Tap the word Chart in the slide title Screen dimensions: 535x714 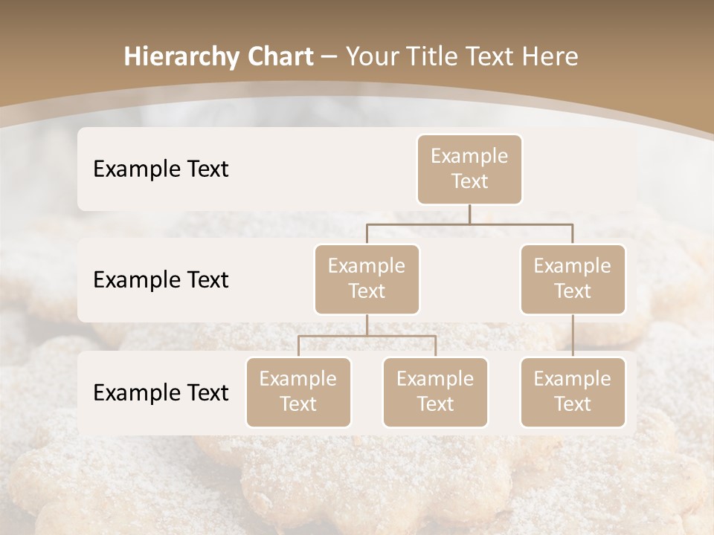pyautogui.click(x=277, y=57)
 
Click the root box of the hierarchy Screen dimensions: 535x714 pyautogui.click(x=469, y=169)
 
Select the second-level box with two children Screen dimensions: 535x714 pyautogui.click(x=367, y=279)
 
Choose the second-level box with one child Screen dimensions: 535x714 pyautogui.click(x=573, y=279)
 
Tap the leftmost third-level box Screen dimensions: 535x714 pyautogui.click(x=298, y=392)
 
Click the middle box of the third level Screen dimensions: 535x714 pyautogui.click(x=435, y=392)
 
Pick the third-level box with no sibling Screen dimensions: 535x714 pyautogui.click(x=573, y=392)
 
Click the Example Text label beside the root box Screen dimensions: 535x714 pyautogui.click(x=161, y=169)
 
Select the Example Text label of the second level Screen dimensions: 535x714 pyautogui.click(x=161, y=280)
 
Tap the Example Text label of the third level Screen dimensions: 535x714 pyautogui.click(x=161, y=392)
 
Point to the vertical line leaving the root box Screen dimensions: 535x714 pyautogui.click(x=469, y=214)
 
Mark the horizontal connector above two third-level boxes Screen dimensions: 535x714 pyautogui.click(x=367, y=336)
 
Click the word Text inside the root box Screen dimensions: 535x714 pyautogui.click(x=469, y=181)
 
